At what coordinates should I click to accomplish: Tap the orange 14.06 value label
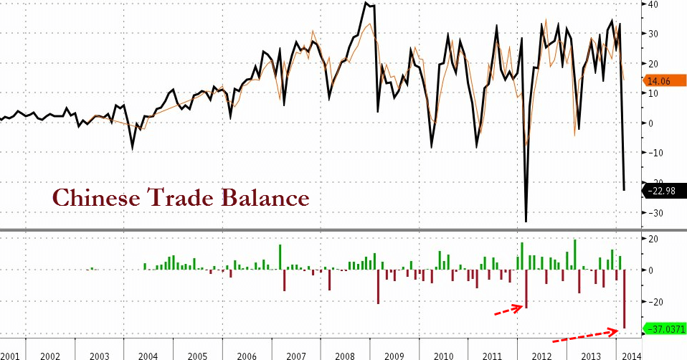659,81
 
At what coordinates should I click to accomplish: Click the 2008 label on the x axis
345,355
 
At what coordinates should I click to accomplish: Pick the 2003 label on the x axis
99,355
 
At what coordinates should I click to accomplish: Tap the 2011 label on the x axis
492,355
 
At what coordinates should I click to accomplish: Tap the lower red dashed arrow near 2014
585,336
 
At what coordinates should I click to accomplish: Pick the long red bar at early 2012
526,289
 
